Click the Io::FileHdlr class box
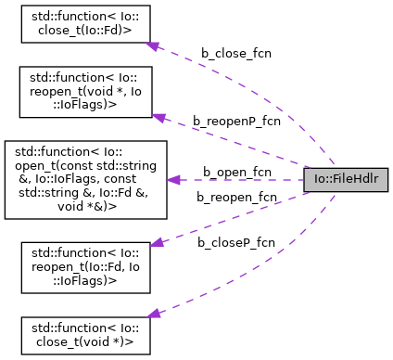pos(345,180)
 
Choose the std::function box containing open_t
pos(84,180)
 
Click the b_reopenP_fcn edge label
pos(235,121)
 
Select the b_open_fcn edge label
pos(236,172)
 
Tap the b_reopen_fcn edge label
pos(236,197)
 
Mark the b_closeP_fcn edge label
pos(235,242)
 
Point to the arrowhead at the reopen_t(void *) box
pos(158,117)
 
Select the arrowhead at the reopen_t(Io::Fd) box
pos(158,242)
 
